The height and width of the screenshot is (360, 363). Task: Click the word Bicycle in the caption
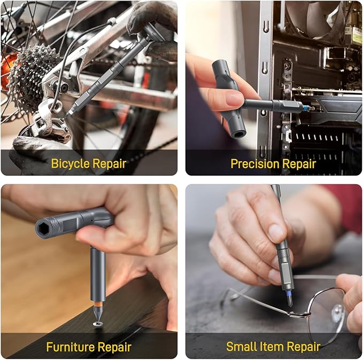(x=70, y=163)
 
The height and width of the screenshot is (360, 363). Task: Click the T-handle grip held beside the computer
(x=227, y=96)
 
